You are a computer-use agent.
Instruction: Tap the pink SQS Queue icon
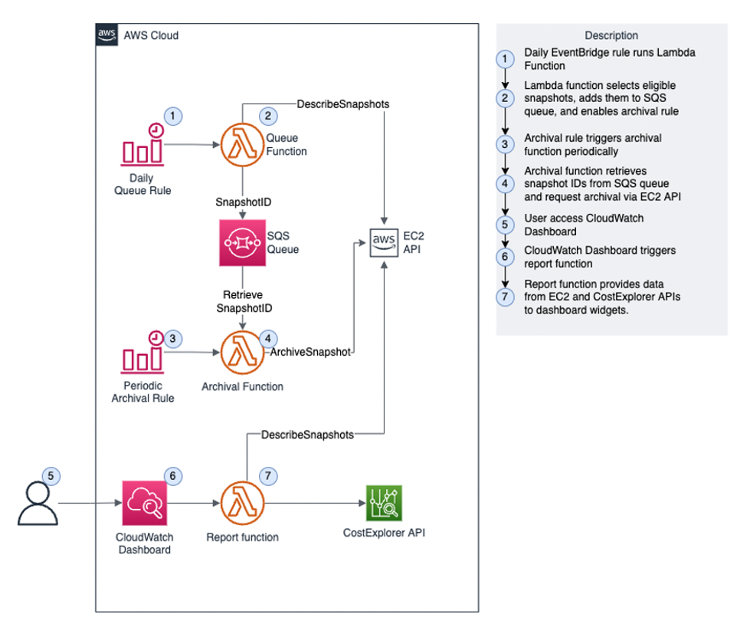click(x=242, y=243)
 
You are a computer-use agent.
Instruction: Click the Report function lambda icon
click(x=242, y=503)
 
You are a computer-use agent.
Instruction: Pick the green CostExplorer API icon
click(x=384, y=503)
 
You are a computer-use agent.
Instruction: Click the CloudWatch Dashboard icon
click(x=145, y=503)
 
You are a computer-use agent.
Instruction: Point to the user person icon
click(x=38, y=504)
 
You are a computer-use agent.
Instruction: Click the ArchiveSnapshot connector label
click(x=310, y=352)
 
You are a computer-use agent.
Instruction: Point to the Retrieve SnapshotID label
click(x=242, y=301)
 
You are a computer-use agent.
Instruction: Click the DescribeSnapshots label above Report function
click(x=307, y=435)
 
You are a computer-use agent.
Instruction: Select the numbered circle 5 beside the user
click(x=51, y=476)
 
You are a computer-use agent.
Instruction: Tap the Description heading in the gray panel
click(x=611, y=35)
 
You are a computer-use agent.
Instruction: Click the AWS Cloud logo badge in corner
click(x=106, y=35)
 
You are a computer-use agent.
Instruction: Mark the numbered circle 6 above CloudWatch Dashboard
click(x=172, y=476)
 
